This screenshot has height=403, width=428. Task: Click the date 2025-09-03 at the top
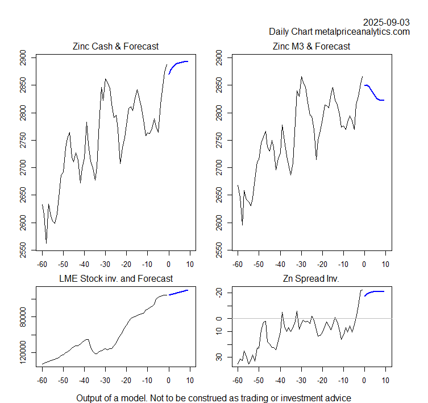[x=386, y=22]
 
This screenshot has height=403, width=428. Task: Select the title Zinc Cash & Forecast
[x=115, y=46]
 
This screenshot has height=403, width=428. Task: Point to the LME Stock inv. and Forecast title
[x=116, y=278]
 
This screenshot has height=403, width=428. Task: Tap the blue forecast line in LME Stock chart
[x=178, y=292]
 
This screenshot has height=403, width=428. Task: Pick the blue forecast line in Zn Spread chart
[x=375, y=292]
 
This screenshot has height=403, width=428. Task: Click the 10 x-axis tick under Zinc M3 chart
[x=385, y=264]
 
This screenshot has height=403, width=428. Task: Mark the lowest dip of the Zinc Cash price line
[x=46, y=243]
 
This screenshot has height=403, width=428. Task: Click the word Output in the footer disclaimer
[x=90, y=398]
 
